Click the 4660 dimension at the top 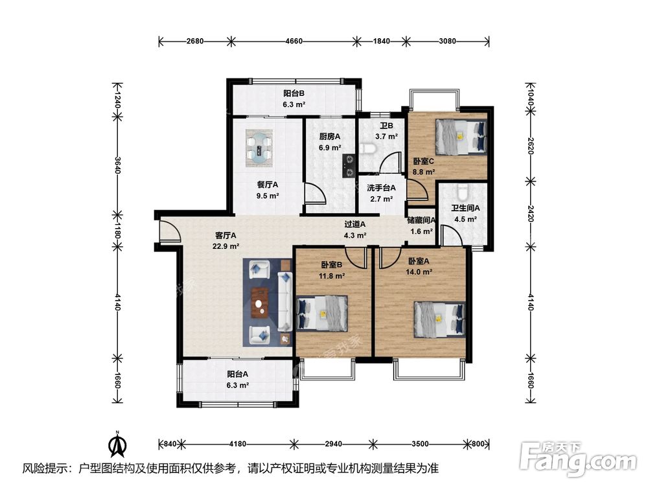[294, 41]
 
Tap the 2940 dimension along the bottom [333, 444]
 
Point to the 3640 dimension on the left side [117, 165]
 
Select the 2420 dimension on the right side [531, 214]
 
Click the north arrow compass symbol [117, 444]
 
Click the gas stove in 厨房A [349, 165]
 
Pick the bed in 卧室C [461, 137]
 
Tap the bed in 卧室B [322, 313]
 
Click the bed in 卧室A [440, 319]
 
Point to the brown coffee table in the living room [260, 303]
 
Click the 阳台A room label [238, 374]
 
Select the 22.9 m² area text [226, 246]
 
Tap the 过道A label [355, 224]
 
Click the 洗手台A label [382, 188]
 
